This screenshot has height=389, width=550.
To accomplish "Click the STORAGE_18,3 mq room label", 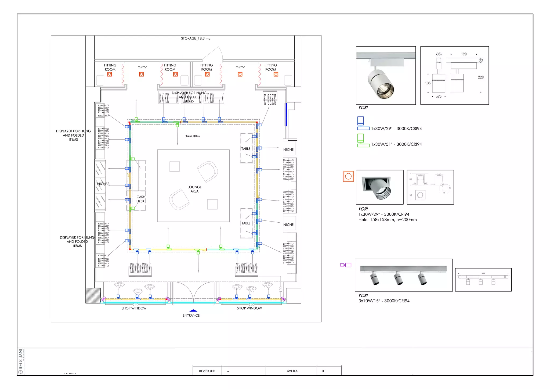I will [x=196, y=38].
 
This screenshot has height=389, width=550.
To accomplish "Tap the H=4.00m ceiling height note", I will [x=192, y=136].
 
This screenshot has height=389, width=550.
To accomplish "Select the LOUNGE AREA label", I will [x=194, y=189].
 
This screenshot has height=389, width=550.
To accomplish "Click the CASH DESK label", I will [x=140, y=199].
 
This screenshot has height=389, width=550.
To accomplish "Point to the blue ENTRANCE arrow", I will [x=193, y=311].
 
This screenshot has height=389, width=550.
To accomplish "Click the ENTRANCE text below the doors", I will [x=191, y=316].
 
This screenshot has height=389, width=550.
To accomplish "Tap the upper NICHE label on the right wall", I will [x=288, y=150].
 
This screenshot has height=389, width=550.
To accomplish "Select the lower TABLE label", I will [x=246, y=223].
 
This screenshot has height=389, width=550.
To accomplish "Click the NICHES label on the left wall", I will [x=103, y=184].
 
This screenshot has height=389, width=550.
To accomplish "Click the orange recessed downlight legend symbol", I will [x=348, y=176].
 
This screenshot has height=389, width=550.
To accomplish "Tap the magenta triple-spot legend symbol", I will [x=346, y=265].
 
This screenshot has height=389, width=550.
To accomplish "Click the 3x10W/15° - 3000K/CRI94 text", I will [x=384, y=301].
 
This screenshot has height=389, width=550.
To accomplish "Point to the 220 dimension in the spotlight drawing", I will [x=481, y=77].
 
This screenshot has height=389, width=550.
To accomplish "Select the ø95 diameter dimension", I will [x=439, y=97].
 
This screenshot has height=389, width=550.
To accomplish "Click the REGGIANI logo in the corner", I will [x=21, y=361].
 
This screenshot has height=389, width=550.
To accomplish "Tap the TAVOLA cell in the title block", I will [x=291, y=371].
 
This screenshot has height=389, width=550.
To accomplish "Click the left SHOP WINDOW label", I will [x=134, y=308].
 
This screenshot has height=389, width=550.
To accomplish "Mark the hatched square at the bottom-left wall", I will [x=93, y=296].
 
